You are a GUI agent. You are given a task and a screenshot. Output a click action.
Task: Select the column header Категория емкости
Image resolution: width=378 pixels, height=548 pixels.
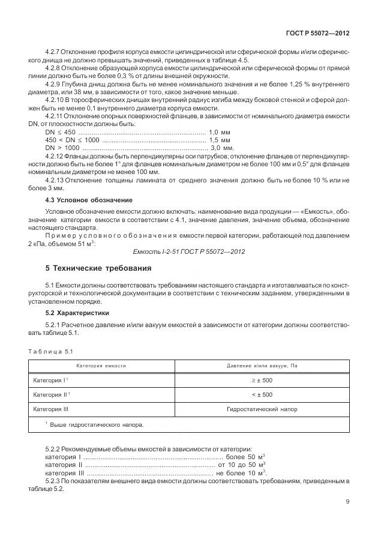[x=101, y=366]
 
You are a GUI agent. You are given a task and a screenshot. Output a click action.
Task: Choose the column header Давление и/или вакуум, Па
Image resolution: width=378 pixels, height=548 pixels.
[x=262, y=366]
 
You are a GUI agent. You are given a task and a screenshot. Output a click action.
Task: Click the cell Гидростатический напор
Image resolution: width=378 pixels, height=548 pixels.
[x=262, y=409]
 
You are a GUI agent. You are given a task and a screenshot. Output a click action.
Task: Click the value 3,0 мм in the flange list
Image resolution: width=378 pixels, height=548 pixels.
[x=222, y=146]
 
